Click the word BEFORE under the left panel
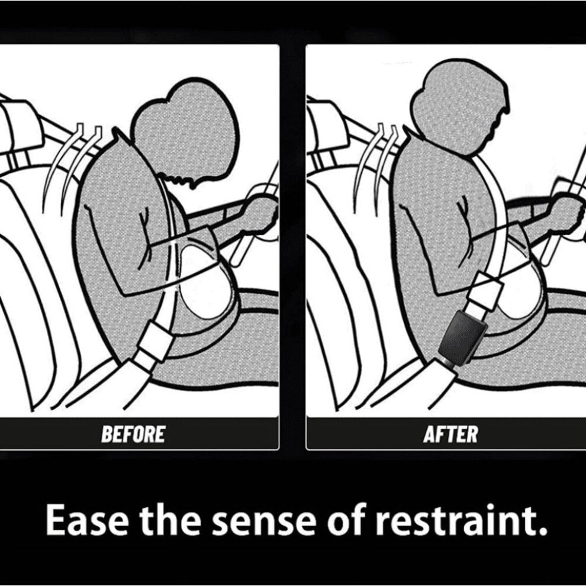pyautogui.click(x=133, y=434)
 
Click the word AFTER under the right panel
pyautogui.click(x=450, y=434)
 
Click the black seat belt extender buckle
pyautogui.click(x=463, y=336)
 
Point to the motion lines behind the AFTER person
pyautogui.click(x=376, y=160)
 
